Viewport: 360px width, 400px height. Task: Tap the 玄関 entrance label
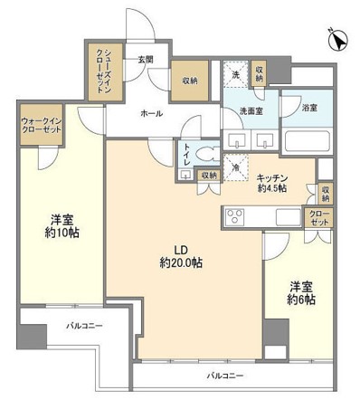point(145,61)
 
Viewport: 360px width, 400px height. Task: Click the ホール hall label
point(150,115)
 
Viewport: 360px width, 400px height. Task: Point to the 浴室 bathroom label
point(308,108)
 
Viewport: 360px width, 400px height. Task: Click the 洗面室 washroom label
point(251,112)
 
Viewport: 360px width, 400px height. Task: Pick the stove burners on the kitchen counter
point(234,217)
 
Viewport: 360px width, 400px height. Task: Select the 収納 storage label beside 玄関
point(189,80)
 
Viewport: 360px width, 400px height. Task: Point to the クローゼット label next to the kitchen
point(319,218)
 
